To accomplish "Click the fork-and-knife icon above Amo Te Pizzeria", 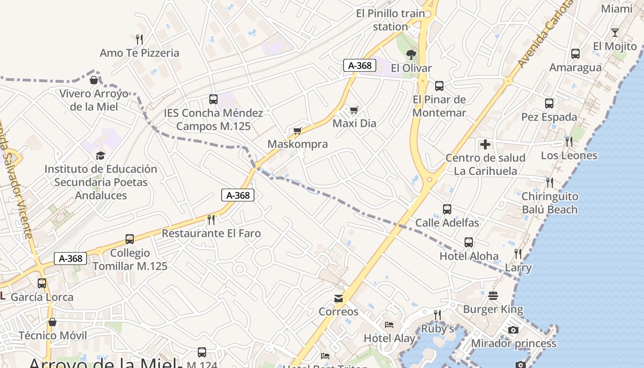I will [x=140, y=39].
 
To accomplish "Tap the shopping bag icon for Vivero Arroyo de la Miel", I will [x=94, y=80].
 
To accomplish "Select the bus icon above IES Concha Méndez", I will [x=213, y=99].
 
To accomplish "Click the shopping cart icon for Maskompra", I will [x=298, y=131].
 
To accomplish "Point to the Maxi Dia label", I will [x=354, y=123].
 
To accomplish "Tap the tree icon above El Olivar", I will [x=411, y=55].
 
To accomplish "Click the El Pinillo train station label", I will [x=391, y=20].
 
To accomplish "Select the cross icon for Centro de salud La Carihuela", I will [x=485, y=144].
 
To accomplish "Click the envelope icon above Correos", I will [x=339, y=299].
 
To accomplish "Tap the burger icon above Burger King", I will [x=493, y=296].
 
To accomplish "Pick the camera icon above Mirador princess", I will [x=513, y=330].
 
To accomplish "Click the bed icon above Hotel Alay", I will [x=389, y=325].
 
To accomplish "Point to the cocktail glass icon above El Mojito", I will [x=615, y=33].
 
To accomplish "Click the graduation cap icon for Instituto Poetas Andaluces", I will [x=101, y=155].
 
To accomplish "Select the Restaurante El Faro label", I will [x=211, y=233].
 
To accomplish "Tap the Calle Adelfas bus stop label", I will [x=447, y=223].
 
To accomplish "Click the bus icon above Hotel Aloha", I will [x=469, y=242].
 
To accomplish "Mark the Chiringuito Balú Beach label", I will [x=550, y=203].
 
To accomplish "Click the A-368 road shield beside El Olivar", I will [x=360, y=65].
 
